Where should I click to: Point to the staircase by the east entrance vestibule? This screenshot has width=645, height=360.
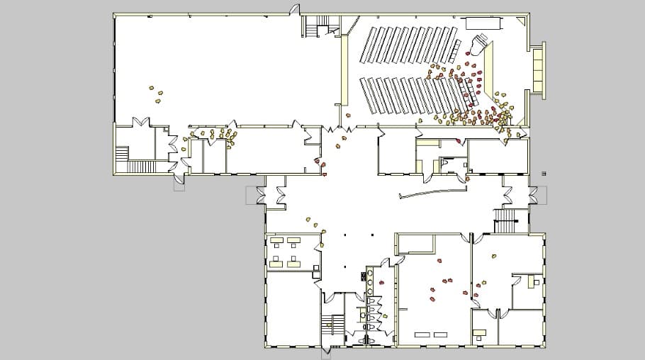pos(506,223)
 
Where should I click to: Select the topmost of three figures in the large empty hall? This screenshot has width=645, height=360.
pos(151,88)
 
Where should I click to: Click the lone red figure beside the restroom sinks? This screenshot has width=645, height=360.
pos(382,283)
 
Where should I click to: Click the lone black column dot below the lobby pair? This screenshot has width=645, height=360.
pos(345,266)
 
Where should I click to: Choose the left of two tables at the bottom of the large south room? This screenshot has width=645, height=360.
pos(423,333)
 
